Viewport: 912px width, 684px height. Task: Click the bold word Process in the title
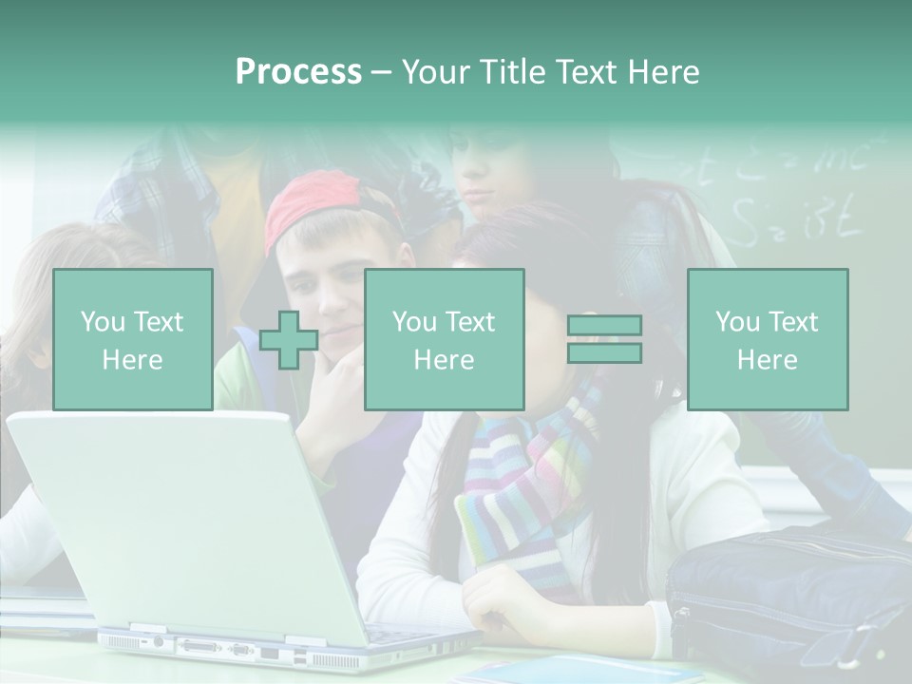(298, 72)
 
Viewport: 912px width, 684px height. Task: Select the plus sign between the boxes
(289, 340)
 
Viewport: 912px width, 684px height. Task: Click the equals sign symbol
(604, 339)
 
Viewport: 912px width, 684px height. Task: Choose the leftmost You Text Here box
(132, 339)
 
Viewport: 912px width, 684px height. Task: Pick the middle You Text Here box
(444, 339)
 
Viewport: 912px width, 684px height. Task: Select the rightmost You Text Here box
(767, 339)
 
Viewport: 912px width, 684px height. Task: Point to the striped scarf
(522, 494)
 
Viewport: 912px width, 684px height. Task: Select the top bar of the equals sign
(604, 326)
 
